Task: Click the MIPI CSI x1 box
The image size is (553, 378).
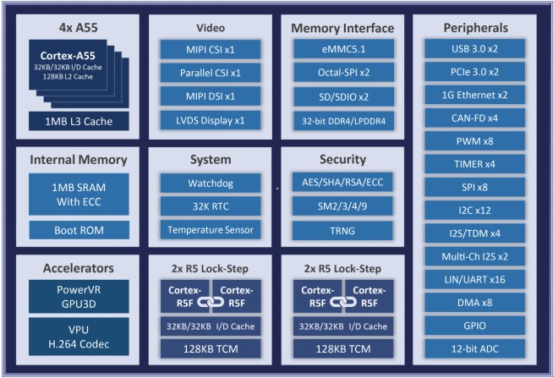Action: click(x=211, y=49)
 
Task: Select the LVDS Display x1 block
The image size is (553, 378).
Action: click(x=211, y=121)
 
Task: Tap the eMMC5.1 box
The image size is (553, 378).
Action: click(x=343, y=49)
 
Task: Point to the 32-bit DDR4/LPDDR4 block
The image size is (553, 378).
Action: click(x=343, y=121)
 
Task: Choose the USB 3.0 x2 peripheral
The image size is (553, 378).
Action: click(x=474, y=49)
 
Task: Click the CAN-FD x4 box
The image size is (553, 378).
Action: click(x=474, y=118)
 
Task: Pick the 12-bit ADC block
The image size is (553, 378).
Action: click(x=474, y=348)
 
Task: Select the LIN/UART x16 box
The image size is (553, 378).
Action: click(x=474, y=280)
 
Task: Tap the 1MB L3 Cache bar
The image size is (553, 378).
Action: click(x=79, y=121)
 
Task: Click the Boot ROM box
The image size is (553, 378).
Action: click(x=79, y=230)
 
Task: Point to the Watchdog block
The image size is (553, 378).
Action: click(x=211, y=183)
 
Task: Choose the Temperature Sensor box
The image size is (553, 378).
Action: click(x=211, y=230)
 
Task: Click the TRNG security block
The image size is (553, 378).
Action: click(x=342, y=231)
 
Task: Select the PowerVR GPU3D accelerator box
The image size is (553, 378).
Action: click(x=79, y=297)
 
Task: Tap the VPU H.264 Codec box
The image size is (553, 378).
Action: click(x=79, y=337)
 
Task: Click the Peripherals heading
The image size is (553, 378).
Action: click(x=475, y=28)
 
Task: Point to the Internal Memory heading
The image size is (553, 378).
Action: click(x=79, y=160)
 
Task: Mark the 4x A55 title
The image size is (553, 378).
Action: click(x=79, y=28)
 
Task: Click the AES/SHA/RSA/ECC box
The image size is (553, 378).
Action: click(x=342, y=182)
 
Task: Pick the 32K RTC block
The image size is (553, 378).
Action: click(x=211, y=206)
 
